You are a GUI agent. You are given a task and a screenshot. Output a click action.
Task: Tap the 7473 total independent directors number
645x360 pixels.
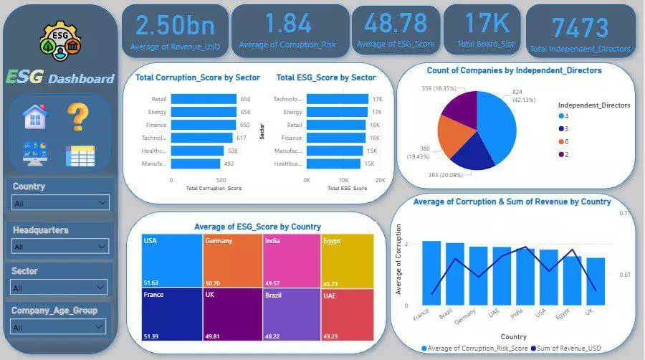pyautogui.click(x=580, y=29)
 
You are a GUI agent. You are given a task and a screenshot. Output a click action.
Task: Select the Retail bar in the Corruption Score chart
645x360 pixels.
pyautogui.click(x=204, y=99)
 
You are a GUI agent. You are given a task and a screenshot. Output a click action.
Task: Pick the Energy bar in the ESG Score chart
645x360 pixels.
pyautogui.click(x=336, y=112)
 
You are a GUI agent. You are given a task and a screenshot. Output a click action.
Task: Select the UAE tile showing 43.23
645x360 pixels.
pyautogui.click(x=347, y=313)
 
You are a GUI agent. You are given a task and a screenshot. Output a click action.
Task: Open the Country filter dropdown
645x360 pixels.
pyautogui.click(x=61, y=203)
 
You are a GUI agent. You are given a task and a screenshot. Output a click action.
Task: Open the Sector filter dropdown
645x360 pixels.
pyautogui.click(x=61, y=288)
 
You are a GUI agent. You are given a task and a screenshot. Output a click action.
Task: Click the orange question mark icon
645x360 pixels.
pyautogui.click(x=79, y=117)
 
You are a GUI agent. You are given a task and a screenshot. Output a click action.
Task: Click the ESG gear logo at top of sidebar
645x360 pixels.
pyautogui.click(x=59, y=41)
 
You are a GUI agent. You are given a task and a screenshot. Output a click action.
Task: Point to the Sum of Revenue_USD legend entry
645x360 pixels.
pyautogui.click(x=566, y=348)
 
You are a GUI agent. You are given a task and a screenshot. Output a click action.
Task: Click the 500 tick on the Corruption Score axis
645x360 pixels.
pyautogui.click(x=221, y=180)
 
